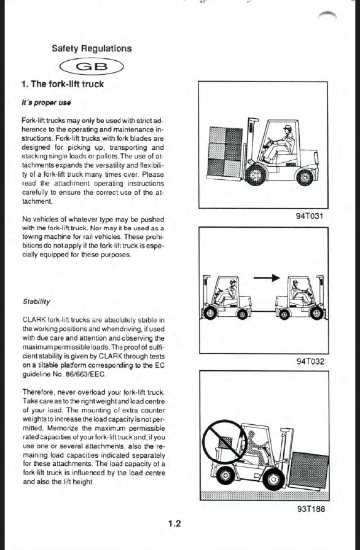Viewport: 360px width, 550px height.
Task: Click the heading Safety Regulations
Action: (x=92, y=48)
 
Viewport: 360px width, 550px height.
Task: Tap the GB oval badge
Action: (x=92, y=67)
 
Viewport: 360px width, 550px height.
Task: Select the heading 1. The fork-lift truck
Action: (x=63, y=84)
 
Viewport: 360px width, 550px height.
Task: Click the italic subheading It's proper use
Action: (x=46, y=103)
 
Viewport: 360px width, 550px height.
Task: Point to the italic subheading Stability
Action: (x=36, y=301)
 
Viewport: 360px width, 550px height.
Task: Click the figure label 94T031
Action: (x=309, y=215)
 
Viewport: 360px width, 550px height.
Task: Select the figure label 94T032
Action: (x=310, y=362)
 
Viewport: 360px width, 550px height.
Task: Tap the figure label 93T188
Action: (x=311, y=509)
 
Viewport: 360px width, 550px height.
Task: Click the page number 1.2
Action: (x=174, y=524)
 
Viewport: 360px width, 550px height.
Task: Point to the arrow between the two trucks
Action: (x=267, y=278)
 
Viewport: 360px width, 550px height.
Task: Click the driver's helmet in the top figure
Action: (x=288, y=128)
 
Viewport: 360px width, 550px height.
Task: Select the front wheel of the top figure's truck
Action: (x=256, y=175)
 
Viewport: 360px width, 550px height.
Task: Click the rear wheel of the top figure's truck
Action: (x=305, y=177)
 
